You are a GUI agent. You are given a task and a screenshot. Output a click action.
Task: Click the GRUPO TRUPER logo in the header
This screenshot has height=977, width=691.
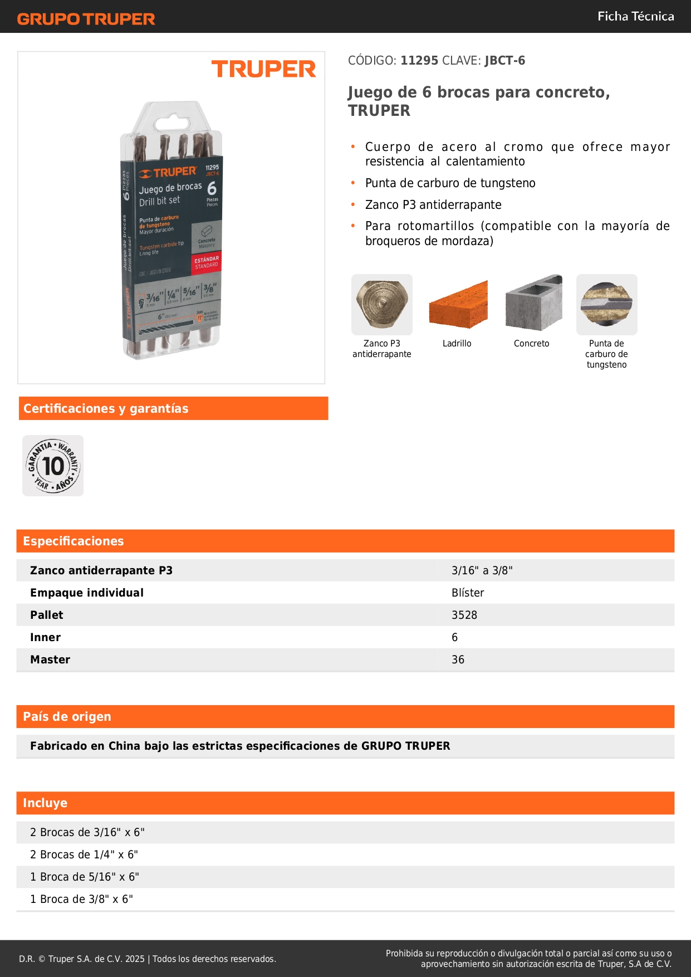(x=86, y=19)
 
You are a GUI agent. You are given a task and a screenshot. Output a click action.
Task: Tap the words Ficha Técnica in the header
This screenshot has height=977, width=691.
(x=635, y=17)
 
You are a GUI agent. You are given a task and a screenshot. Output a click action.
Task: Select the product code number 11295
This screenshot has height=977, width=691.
(x=419, y=61)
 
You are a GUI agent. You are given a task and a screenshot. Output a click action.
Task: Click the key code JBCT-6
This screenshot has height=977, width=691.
(x=504, y=61)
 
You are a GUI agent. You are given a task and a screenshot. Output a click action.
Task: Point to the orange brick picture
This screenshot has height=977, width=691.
(x=458, y=305)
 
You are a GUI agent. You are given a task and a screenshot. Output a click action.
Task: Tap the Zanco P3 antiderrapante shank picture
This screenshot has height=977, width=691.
(x=382, y=305)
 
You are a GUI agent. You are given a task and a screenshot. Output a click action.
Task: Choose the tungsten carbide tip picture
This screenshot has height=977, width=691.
(x=606, y=305)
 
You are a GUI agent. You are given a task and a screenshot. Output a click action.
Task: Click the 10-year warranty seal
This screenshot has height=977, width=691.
(x=53, y=466)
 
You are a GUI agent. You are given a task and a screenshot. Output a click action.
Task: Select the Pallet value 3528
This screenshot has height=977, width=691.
(x=464, y=615)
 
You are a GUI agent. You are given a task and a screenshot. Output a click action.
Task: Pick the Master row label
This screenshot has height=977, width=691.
(x=50, y=660)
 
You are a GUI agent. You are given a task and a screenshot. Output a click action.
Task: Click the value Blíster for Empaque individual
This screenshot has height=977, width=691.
(x=468, y=593)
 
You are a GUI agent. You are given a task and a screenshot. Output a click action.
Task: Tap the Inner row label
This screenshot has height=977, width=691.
(x=45, y=637)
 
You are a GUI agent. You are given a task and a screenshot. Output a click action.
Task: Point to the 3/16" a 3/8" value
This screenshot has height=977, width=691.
(x=482, y=570)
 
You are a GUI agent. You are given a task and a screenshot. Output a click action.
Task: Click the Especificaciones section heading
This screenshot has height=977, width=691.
(x=73, y=541)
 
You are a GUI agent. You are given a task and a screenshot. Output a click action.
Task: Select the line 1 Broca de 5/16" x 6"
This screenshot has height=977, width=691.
(x=85, y=877)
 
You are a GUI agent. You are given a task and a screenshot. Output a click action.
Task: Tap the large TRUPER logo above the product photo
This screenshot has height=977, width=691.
(x=263, y=70)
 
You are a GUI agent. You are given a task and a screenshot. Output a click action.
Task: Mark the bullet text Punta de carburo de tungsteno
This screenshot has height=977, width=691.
(x=450, y=183)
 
